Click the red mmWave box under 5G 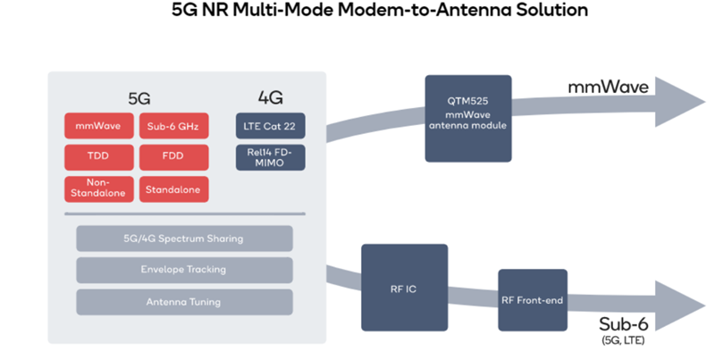pyautogui.click(x=98, y=125)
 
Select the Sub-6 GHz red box pyautogui.click(x=173, y=125)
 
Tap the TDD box pyautogui.click(x=98, y=156)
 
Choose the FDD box pyautogui.click(x=173, y=156)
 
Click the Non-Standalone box pyautogui.click(x=98, y=188)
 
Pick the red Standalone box pyautogui.click(x=173, y=188)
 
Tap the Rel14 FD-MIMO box pyautogui.click(x=270, y=156)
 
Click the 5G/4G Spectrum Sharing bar pyautogui.click(x=184, y=239)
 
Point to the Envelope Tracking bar pyautogui.click(x=184, y=270)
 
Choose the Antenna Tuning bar pyautogui.click(x=184, y=301)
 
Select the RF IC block pyautogui.click(x=403, y=288)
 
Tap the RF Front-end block pyautogui.click(x=533, y=300)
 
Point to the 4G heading pyautogui.click(x=269, y=96)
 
